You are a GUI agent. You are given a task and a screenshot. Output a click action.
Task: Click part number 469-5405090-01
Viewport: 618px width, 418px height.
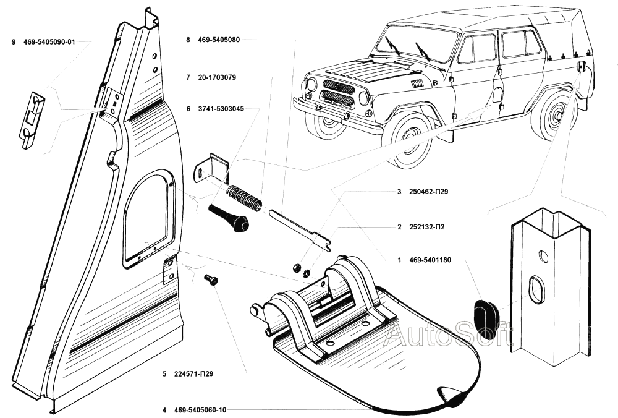pyautogui.click(x=49, y=42)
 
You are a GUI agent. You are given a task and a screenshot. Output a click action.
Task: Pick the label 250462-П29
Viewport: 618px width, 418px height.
pyautogui.click(x=428, y=192)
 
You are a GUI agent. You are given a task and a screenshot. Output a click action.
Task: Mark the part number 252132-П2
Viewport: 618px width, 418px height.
pyautogui.click(x=427, y=227)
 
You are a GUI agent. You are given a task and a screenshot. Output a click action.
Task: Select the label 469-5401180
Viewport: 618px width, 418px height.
pyautogui.click(x=431, y=260)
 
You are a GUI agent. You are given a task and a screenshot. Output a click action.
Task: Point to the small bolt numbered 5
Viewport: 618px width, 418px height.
pyautogui.click(x=211, y=280)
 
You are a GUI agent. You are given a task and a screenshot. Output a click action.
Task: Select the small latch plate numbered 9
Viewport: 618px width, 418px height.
pyautogui.click(x=34, y=120)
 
